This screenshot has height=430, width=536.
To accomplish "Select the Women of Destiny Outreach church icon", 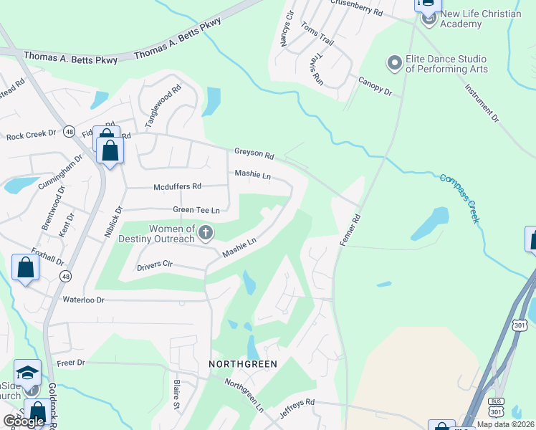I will point(206,231).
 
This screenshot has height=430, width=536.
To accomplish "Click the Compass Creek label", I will point(459,199).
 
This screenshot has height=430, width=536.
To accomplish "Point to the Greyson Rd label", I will point(254,154).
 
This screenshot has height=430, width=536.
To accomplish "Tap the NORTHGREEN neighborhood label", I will point(242,364).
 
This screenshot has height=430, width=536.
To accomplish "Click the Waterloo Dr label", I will point(83,300).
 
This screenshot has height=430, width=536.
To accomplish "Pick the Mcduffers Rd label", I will point(177,186).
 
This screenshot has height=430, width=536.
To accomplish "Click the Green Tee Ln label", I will point(195,210).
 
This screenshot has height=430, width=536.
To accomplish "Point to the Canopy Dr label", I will point(375,87).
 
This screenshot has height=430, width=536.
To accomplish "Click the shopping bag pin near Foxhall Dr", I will point(26,268).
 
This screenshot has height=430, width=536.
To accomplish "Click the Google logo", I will point(23,421).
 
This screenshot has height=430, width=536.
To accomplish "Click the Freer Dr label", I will point(70,363).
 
